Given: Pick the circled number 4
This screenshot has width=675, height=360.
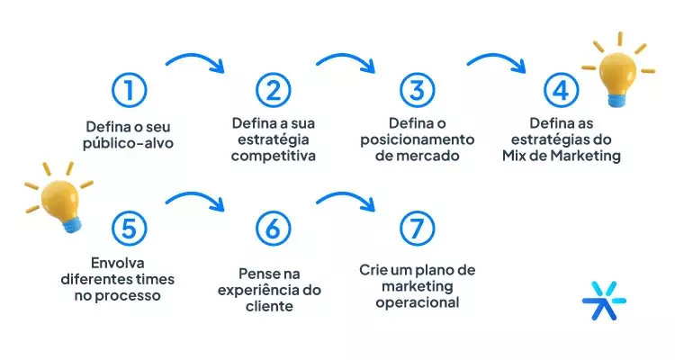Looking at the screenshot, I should [560, 90].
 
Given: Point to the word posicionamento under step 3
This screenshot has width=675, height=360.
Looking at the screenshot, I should [417, 139].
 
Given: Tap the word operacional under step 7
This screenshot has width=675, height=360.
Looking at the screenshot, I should [417, 302].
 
